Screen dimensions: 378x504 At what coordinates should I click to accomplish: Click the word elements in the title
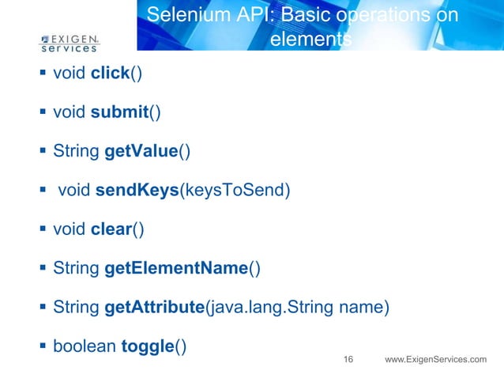[310, 39]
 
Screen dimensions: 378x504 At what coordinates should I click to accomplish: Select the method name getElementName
[176, 268]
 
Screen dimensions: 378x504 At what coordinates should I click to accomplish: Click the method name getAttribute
[154, 307]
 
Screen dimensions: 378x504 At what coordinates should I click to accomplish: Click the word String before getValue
[76, 150]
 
